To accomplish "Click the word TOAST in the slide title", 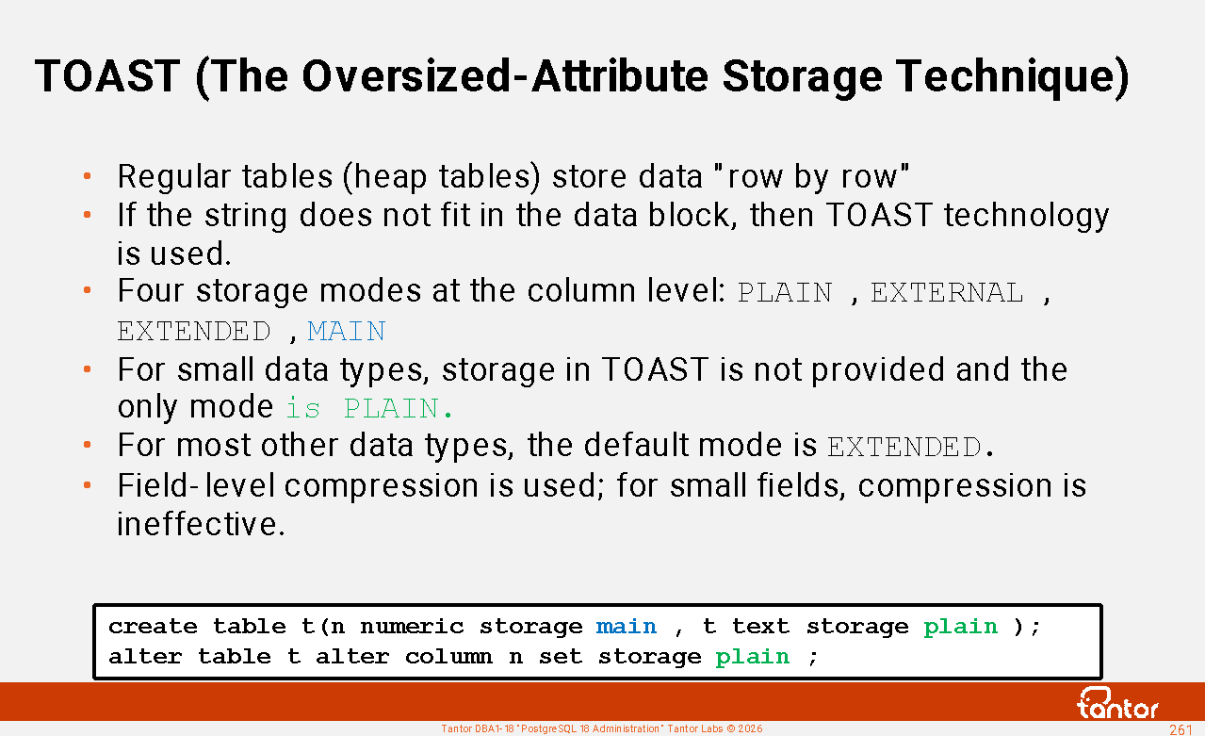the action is [107, 76].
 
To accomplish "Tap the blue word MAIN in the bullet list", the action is [347, 332].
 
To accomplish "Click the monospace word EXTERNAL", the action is [947, 293].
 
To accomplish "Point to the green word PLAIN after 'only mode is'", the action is [391, 408].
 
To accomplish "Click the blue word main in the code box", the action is [627, 627].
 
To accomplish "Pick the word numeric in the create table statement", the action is [412, 627].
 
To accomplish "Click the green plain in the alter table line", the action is [752, 657].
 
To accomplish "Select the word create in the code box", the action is [153, 627].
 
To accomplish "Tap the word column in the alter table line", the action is [448, 657].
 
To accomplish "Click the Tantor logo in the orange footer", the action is [1117, 703].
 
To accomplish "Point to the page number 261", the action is [1181, 729].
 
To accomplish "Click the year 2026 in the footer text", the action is [750, 729].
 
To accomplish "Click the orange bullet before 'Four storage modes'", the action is [87, 291].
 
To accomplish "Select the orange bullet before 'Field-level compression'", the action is [87, 485].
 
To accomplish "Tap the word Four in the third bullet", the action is [151, 291].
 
